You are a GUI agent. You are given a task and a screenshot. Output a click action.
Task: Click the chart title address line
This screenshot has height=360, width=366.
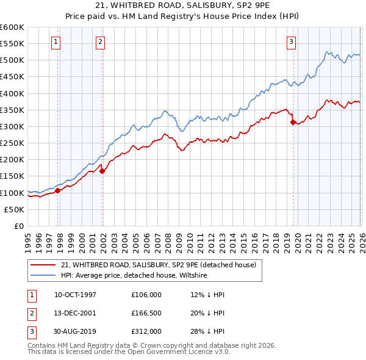[183, 5]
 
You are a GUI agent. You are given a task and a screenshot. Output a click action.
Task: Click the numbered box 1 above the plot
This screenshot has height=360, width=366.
[56, 42]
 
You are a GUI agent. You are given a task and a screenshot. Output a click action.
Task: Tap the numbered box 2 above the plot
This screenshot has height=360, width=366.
[100, 42]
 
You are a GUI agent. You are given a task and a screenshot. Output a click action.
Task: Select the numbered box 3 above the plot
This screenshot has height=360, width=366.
[291, 42]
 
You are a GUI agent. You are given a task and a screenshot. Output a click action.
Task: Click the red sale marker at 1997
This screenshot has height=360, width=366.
[58, 190]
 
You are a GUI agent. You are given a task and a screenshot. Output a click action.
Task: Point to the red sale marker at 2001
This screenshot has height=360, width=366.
[102, 171]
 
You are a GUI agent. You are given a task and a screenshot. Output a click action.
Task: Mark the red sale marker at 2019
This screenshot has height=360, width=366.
[293, 123]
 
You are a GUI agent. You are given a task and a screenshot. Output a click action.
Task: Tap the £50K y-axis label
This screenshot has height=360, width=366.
[15, 209]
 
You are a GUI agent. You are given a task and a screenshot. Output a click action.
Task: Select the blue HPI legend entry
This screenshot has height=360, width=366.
[134, 276]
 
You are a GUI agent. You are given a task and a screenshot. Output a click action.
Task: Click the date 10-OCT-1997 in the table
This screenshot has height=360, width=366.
[75, 295]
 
